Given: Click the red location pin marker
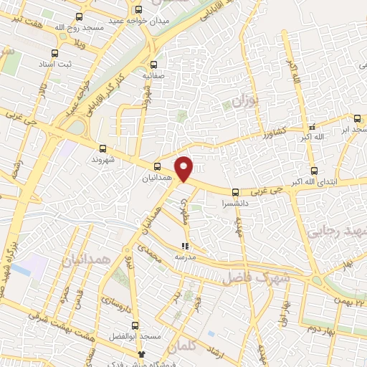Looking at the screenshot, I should tap(184, 168).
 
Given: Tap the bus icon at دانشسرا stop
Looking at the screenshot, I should tap(236, 191).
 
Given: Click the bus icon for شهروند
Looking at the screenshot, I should tap(103, 149).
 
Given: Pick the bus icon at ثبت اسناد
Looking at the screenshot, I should tap(54, 52).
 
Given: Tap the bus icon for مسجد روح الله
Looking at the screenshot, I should tap(79, 16).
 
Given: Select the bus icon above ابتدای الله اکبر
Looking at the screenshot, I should tap(314, 171).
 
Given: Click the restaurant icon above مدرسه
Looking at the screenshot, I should tap(185, 246).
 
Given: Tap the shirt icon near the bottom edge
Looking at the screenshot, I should tap(141, 353).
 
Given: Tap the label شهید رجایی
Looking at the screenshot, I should tap(336, 231).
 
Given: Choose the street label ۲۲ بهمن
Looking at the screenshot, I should tap(349, 301).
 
